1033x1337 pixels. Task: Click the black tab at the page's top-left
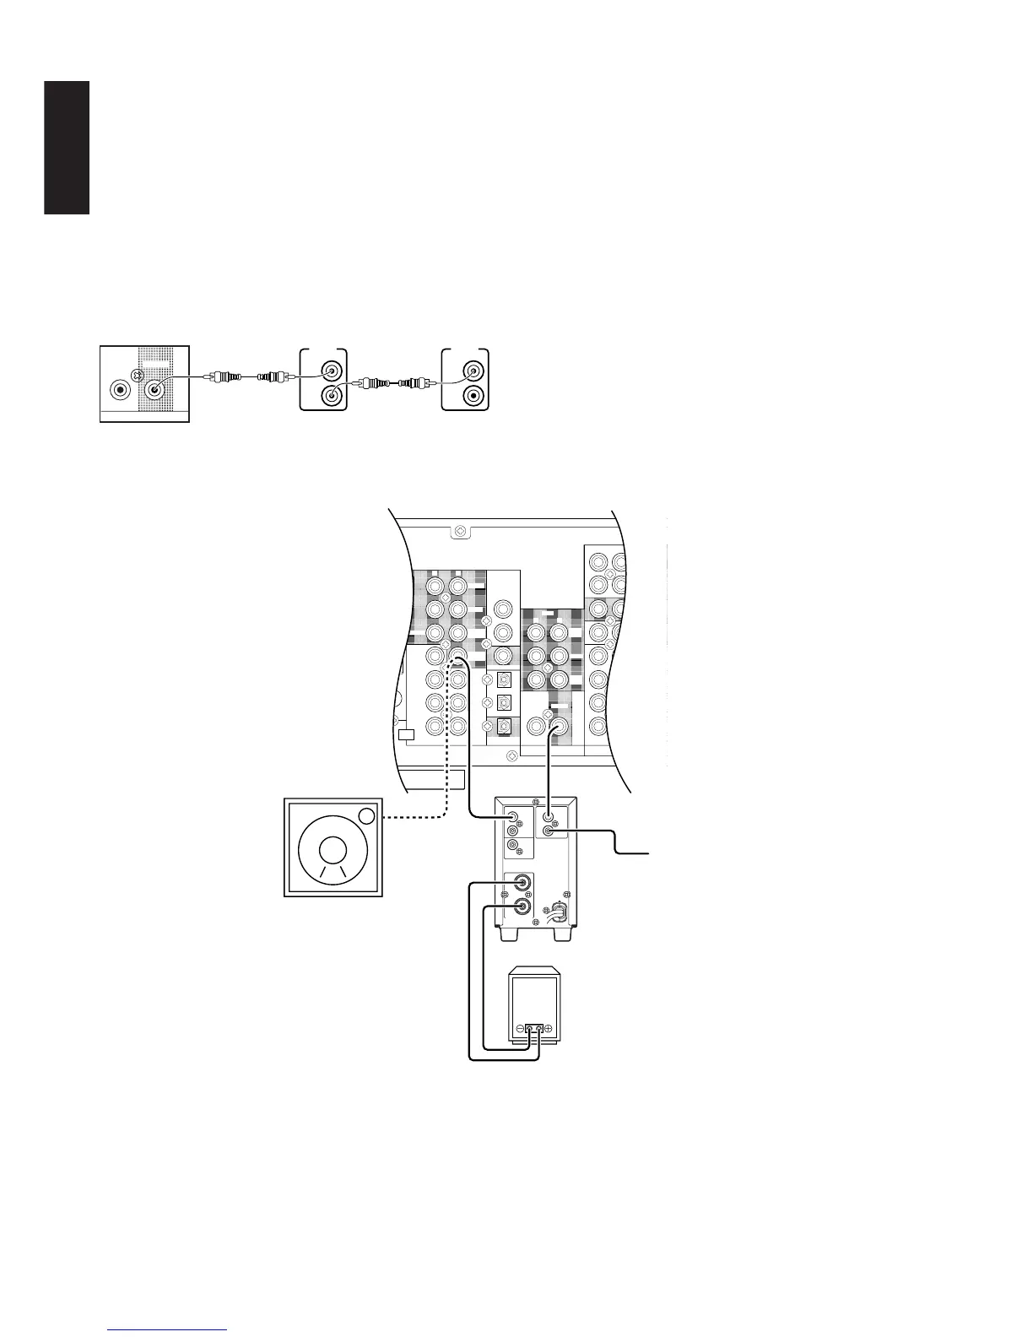point(67,147)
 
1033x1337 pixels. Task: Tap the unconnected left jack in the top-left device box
point(122,390)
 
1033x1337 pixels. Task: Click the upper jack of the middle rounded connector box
point(333,371)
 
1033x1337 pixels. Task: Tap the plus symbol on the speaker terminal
point(548,1030)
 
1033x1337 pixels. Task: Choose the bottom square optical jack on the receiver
point(504,724)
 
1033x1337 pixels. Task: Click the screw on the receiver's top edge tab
point(459,532)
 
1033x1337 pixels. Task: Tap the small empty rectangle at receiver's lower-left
point(407,734)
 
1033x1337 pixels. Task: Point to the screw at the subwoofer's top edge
point(535,801)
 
